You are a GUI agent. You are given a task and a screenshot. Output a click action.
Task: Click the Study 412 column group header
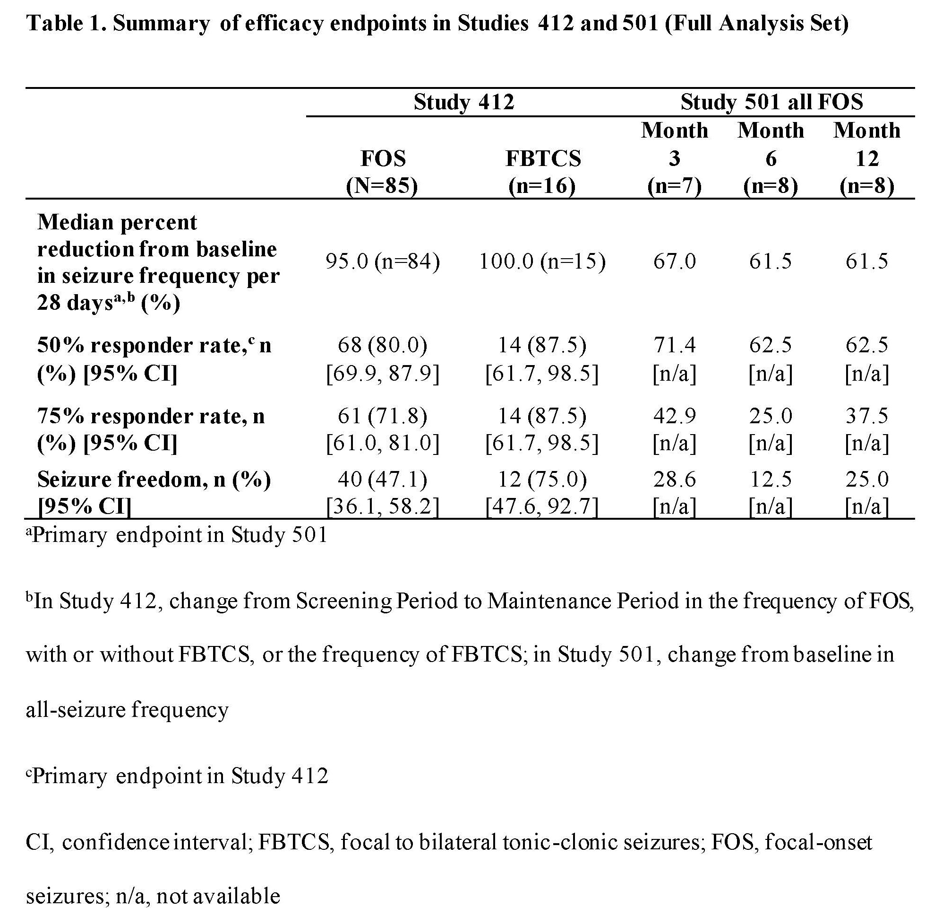coord(463,103)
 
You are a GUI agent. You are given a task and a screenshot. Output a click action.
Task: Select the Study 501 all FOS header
coord(771,103)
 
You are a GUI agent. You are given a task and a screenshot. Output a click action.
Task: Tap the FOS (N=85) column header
coord(383,172)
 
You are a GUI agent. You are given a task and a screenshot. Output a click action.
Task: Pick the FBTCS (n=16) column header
coord(543,172)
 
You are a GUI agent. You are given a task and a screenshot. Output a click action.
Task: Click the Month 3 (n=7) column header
coord(674,158)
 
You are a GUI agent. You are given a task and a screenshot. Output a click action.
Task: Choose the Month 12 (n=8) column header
coord(867,158)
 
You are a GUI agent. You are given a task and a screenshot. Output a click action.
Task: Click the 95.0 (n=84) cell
coord(383,261)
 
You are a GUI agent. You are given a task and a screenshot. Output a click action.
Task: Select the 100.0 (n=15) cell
coord(543,261)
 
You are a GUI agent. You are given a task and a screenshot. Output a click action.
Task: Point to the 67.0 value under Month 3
coord(674,261)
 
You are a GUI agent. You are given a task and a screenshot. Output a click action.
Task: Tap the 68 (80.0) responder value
coord(383,345)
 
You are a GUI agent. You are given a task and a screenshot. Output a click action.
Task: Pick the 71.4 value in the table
coord(674,345)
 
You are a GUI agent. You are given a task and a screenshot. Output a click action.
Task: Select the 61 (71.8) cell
coord(383,416)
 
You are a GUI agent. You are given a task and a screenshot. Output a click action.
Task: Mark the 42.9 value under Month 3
coord(674,416)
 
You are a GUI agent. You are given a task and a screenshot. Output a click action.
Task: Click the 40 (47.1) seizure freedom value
coord(383,479)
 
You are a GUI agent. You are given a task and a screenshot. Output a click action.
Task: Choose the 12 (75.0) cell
coord(543,479)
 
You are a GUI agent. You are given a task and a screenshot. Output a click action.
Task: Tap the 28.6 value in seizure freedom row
coord(674,479)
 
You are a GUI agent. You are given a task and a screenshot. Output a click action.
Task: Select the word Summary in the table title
coord(161,24)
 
